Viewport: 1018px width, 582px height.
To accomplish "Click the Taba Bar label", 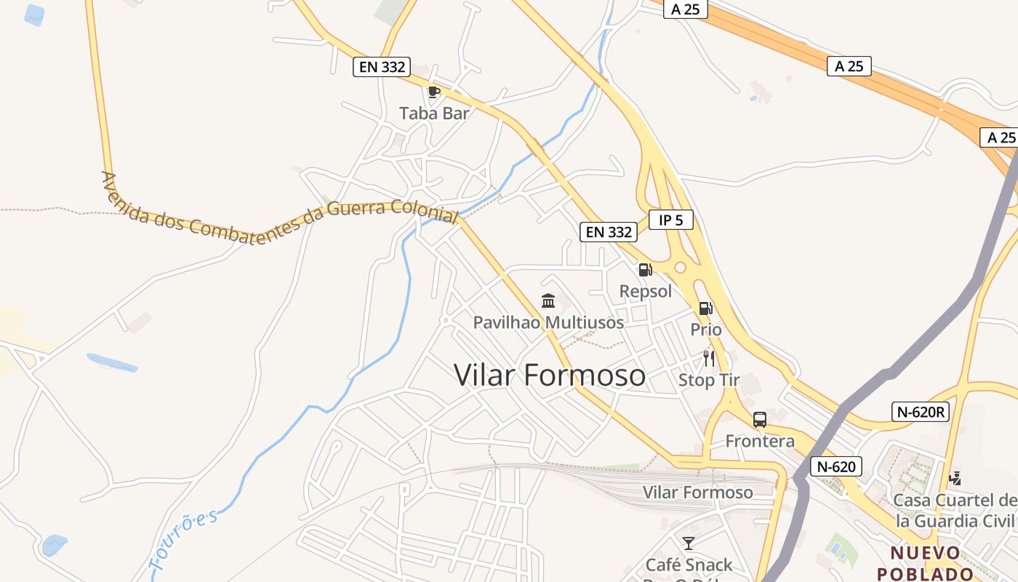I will pos(434,113).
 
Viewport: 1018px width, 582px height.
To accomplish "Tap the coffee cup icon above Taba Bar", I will pos(434,92).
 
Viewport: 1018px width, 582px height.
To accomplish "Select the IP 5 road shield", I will pos(670,220).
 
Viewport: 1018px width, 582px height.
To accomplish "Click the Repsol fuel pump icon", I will pos(645,271).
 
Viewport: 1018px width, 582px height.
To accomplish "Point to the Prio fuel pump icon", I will pos(705,308).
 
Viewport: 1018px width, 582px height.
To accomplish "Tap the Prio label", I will pos(706,330).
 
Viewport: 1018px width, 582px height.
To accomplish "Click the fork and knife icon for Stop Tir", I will pos(709,359).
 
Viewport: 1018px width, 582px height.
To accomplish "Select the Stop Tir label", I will pos(709,380).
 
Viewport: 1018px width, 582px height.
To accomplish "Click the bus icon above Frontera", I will pos(760,420).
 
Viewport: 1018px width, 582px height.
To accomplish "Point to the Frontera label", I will pos(760,441).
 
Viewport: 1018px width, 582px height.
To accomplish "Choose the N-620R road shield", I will pos(921,412).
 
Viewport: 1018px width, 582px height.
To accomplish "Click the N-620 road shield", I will pos(835,466).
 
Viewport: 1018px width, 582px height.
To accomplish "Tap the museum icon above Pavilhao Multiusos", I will pos(548,300).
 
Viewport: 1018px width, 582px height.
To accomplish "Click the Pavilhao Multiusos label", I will pos(548,322).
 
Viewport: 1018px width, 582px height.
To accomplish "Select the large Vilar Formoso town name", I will pos(550,375).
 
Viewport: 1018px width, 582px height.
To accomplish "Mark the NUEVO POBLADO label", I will pos(925,563).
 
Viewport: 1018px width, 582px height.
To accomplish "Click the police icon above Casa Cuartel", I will pos(955,479).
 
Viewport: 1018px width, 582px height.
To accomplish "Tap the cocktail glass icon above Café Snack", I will pos(689,543).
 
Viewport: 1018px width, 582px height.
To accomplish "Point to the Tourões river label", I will pos(183,540).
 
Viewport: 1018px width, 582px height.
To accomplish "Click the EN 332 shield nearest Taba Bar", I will pos(382,67).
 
